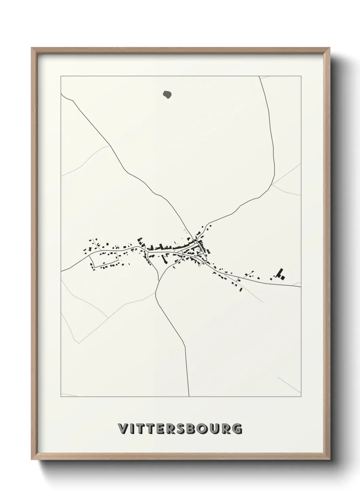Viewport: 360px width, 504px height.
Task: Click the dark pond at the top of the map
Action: click(167, 94)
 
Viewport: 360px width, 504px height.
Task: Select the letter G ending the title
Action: click(238, 429)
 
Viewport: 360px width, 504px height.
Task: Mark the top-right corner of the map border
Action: click(301, 76)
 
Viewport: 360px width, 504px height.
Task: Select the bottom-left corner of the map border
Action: click(61, 397)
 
